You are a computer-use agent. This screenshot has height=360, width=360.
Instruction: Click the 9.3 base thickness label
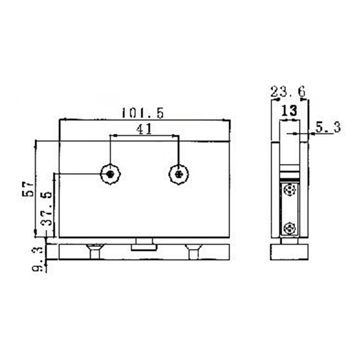coord(39,260)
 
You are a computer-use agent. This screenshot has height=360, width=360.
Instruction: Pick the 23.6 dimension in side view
coord(288,92)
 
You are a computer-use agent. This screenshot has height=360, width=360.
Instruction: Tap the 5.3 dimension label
coord(327,127)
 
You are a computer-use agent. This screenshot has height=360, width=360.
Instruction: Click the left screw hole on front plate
coord(110,174)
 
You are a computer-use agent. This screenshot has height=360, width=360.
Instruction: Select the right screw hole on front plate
coord(179,174)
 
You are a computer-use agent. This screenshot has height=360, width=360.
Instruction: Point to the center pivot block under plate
coord(144,245)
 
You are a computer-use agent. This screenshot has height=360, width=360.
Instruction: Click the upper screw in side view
coord(290,191)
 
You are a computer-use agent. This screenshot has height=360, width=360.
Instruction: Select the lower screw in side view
coord(290,229)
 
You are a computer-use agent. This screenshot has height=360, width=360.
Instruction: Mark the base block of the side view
coord(289,252)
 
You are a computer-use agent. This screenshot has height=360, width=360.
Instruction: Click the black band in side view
coord(289,175)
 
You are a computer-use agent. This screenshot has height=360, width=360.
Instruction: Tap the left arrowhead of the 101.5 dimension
coord(63,120)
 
